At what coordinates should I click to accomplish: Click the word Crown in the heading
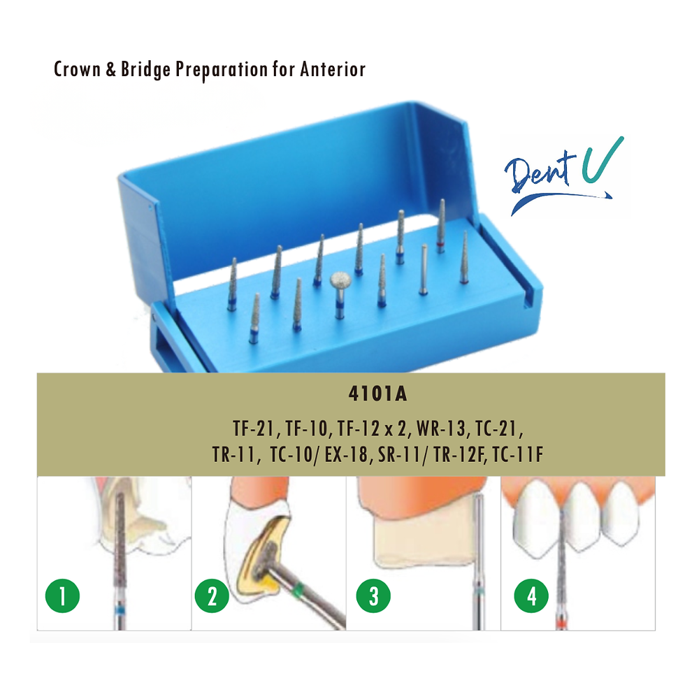click(x=78, y=69)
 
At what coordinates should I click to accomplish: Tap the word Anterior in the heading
click(x=333, y=69)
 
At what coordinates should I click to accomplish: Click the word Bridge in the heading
click(x=145, y=70)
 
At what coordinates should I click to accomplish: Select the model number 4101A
click(x=378, y=394)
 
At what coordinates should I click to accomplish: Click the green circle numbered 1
click(x=62, y=596)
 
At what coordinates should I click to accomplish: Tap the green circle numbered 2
click(x=212, y=596)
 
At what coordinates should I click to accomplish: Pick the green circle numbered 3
click(x=373, y=596)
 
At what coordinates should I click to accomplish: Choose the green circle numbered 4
click(x=531, y=596)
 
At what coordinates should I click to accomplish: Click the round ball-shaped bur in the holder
click(x=341, y=281)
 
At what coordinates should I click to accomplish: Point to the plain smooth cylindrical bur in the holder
click(x=424, y=269)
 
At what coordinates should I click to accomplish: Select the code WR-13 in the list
click(x=441, y=428)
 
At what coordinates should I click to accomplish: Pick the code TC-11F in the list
click(x=518, y=454)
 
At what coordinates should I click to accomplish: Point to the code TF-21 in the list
click(x=253, y=428)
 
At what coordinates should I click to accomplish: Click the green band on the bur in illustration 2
click(x=299, y=587)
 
